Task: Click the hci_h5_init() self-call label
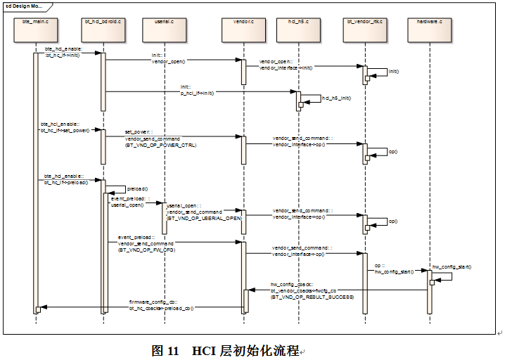pyautogui.click(x=336, y=98)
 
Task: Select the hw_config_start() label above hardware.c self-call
pyautogui.click(x=452, y=266)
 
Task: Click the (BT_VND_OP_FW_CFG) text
pyautogui.click(x=146, y=250)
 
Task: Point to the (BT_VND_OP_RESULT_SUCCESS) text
pyautogui.click(x=312, y=297)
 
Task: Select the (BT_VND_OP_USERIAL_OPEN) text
pyautogui.click(x=204, y=218)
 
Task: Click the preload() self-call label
pyautogui.click(x=137, y=189)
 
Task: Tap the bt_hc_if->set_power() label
pyautogui.click(x=65, y=131)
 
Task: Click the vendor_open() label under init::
pyautogui.click(x=169, y=61)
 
